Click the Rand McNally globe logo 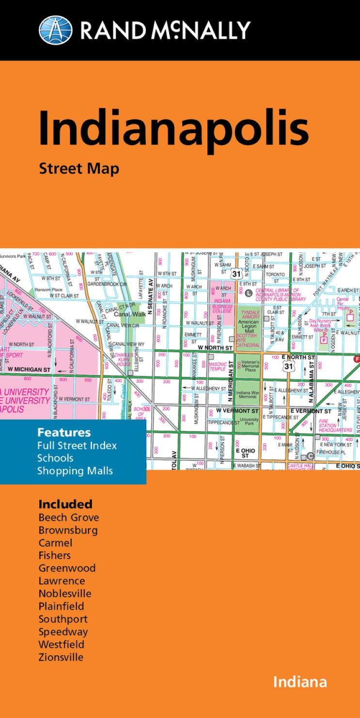click(x=55, y=30)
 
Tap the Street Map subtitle click(x=78, y=169)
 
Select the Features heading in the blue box click(x=64, y=432)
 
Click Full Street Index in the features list click(x=77, y=445)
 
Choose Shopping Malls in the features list click(x=75, y=470)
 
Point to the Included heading click(x=65, y=504)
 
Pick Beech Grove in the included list click(x=68, y=517)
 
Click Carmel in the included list click(x=55, y=543)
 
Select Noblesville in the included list click(x=65, y=593)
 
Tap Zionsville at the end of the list click(x=61, y=657)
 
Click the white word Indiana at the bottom click(x=299, y=682)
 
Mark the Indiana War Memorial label click(x=248, y=395)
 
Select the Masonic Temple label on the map click(x=217, y=366)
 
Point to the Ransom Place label click(x=48, y=289)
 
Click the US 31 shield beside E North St click(x=289, y=366)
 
